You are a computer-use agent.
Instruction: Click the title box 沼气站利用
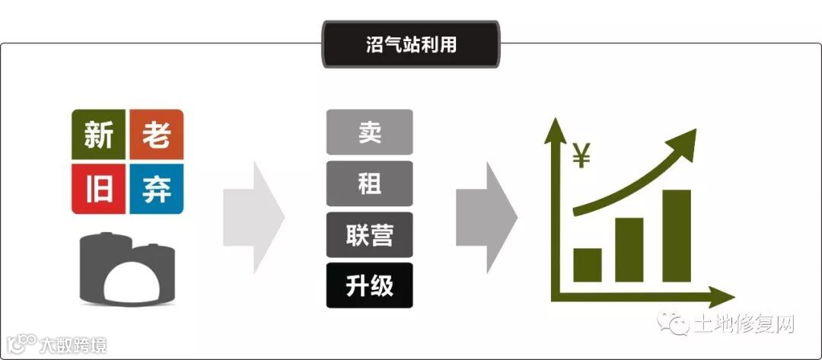[411, 44]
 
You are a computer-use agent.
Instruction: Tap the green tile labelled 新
[99, 135]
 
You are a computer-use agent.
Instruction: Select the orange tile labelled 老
[156, 135]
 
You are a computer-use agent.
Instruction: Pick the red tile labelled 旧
[99, 188]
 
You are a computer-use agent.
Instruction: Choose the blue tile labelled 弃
[156, 188]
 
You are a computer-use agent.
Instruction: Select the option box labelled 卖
[369, 132]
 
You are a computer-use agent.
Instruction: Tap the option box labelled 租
[369, 183]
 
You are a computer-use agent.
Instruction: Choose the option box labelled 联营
[369, 234]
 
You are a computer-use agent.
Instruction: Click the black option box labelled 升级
[369, 285]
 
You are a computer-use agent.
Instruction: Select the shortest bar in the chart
[588, 264]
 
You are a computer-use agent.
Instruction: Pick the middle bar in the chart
[629, 250]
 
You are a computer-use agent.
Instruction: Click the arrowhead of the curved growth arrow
[684, 142]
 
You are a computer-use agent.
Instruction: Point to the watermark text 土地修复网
[743, 325]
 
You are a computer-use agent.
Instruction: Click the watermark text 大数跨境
[72, 345]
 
